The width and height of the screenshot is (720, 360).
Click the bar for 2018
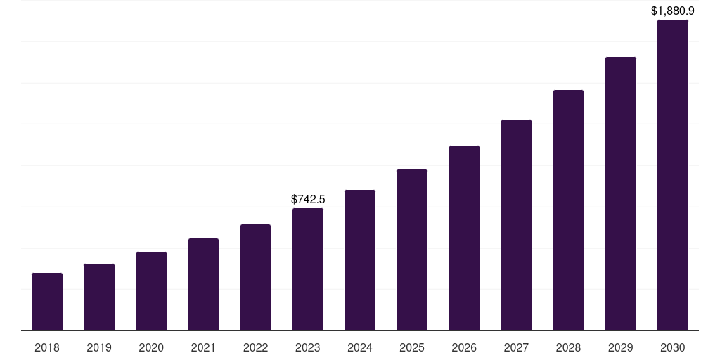coord(47,302)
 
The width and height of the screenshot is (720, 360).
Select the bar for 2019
coord(99,297)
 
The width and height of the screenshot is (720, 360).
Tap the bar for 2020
coord(151,291)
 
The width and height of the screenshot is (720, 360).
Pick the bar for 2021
coord(203,285)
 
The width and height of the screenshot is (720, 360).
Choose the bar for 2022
coord(255,278)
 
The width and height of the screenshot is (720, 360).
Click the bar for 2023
coord(308,269)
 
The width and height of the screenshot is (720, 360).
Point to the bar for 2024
coord(360,260)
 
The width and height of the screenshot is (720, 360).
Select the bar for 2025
coord(412,250)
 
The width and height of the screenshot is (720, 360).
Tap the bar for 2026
coord(464,238)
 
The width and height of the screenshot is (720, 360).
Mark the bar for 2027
coord(516,225)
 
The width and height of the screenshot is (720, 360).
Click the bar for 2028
coord(568,210)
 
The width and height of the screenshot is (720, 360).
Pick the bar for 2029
coord(621,194)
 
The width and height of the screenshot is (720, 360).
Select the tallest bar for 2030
coord(673,175)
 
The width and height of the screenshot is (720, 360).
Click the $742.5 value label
coord(308,200)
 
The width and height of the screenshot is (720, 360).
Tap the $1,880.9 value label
coord(673,11)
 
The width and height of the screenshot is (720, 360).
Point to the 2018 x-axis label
coord(47,347)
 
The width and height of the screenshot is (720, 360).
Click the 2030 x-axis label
coord(673,347)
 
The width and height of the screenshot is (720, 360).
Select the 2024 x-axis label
coord(360,347)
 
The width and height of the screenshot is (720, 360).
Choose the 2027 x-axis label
coord(516,347)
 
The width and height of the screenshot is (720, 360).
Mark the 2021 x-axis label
coord(203,347)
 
